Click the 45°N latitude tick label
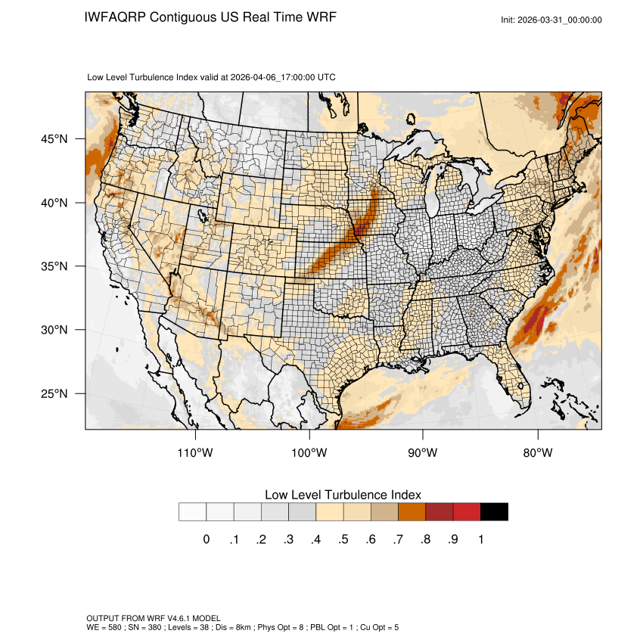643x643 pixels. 54,139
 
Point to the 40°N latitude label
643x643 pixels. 54,203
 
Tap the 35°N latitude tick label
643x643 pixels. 54,266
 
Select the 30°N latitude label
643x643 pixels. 54,330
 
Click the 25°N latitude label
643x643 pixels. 54,393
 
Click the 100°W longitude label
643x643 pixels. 309,453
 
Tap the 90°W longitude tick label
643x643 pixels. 423,453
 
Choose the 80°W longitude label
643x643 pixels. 537,453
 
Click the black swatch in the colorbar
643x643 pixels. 494,512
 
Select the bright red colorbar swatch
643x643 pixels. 467,512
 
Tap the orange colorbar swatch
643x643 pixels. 412,512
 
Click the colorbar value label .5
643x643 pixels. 343,539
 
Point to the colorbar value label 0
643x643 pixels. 207,539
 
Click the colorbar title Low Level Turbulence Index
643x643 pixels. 343,495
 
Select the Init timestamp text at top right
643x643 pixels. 551,20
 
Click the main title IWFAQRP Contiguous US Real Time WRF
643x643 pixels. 210,17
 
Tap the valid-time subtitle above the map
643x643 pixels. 212,77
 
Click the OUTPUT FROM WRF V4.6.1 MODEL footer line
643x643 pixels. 154,619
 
